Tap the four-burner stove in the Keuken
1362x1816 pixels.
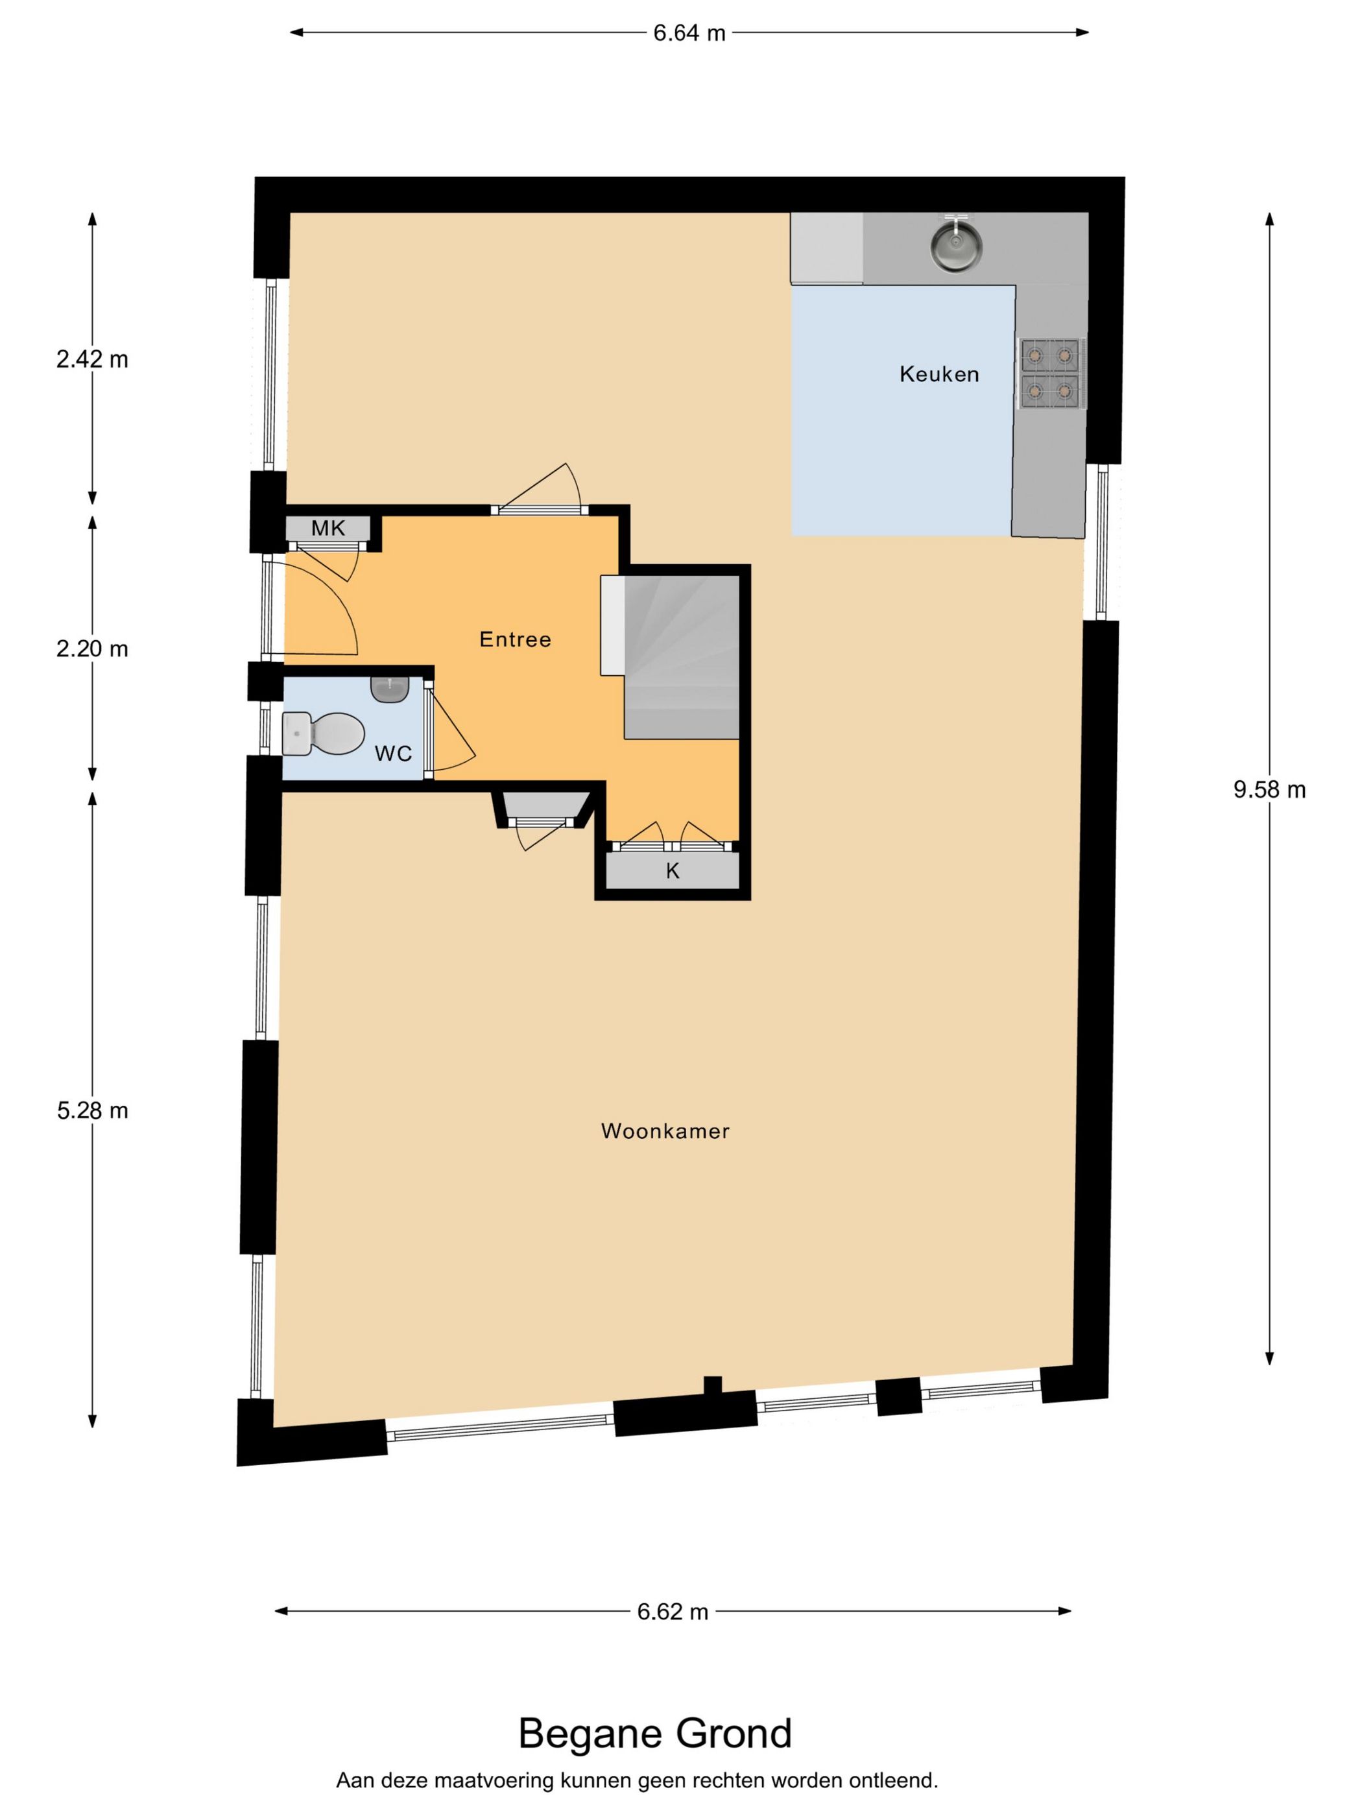pyautogui.click(x=1050, y=373)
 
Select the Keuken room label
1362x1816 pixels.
pyautogui.click(x=939, y=374)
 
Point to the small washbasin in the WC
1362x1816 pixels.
pyautogui.click(x=389, y=689)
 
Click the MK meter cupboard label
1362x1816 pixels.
pyautogui.click(x=328, y=529)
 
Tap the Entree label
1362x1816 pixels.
pyautogui.click(x=516, y=639)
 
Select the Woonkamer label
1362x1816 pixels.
pyautogui.click(x=665, y=1131)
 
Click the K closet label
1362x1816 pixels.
pyautogui.click(x=673, y=871)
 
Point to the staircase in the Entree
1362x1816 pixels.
pyautogui.click(x=682, y=657)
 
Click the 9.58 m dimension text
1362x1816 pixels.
pyautogui.click(x=1269, y=790)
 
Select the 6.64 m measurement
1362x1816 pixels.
pyautogui.click(x=689, y=33)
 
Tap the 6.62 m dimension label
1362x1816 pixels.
pyautogui.click(x=673, y=1612)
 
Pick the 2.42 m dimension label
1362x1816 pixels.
pyautogui.click(x=92, y=359)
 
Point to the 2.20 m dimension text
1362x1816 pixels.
pyautogui.click(x=92, y=649)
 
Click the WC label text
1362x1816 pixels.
pyautogui.click(x=393, y=754)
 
